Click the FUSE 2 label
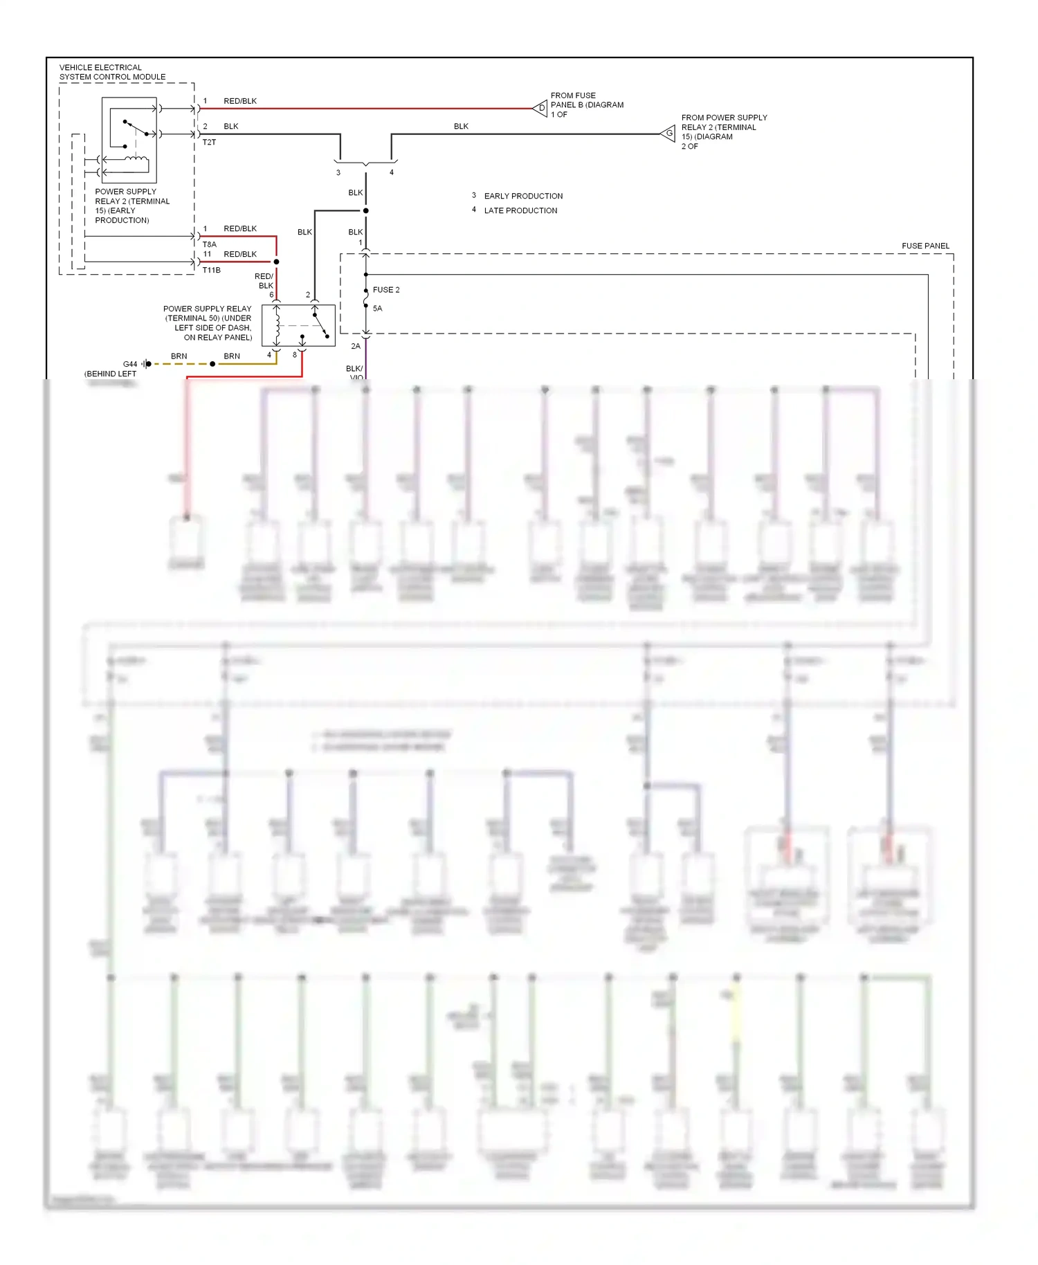pyautogui.click(x=386, y=290)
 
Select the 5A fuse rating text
pyautogui.click(x=377, y=309)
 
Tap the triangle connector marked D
pyautogui.click(x=540, y=108)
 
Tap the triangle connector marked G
pyautogui.click(x=668, y=134)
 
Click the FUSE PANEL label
pyautogui.click(x=925, y=246)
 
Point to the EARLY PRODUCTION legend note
pyautogui.click(x=523, y=197)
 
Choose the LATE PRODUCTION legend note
pyautogui.click(x=520, y=211)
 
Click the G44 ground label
pyautogui.click(x=130, y=364)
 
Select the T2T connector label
pyautogui.click(x=209, y=143)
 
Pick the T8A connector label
pyautogui.click(x=209, y=244)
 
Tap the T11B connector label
pyautogui.click(x=211, y=270)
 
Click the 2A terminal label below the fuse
pyautogui.click(x=356, y=346)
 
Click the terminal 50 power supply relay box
pyautogui.click(x=298, y=325)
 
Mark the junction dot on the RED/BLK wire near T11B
pyautogui.click(x=276, y=262)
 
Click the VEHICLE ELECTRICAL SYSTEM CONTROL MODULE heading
pyautogui.click(x=112, y=72)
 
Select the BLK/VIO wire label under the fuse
pyautogui.click(x=355, y=372)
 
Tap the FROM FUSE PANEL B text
pyautogui.click(x=587, y=104)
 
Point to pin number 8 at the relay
pyautogui.click(x=295, y=355)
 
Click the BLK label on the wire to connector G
pyautogui.click(x=461, y=126)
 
